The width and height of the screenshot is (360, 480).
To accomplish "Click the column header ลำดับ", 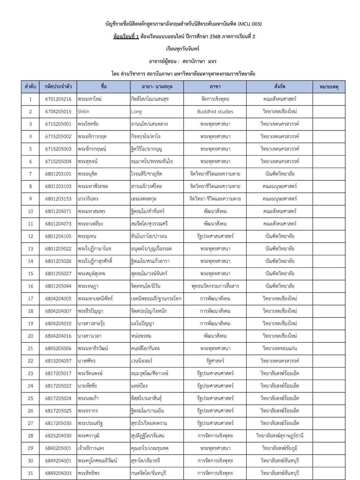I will [x=30, y=87].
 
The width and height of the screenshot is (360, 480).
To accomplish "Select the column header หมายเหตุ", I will [x=329, y=87].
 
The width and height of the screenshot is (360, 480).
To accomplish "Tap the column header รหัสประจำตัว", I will [x=58, y=87].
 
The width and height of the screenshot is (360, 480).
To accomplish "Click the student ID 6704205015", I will [x=58, y=111].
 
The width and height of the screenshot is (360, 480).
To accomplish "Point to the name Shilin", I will [x=83, y=111].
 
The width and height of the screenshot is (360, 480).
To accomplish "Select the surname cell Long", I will [x=136, y=111].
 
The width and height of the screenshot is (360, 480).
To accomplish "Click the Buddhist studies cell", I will [x=215, y=111].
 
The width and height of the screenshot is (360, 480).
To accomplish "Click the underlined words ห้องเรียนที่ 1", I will [x=126, y=37].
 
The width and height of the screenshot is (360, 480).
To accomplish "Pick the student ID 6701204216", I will [x=58, y=99].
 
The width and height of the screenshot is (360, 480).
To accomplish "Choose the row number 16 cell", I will [x=30, y=286].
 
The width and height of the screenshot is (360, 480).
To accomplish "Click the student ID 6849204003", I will [x=58, y=473].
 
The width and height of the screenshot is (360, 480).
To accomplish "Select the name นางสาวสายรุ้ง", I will [x=91, y=324].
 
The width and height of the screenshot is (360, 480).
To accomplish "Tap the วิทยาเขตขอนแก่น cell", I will [x=280, y=348].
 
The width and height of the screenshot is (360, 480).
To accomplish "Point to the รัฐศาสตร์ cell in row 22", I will [x=215, y=361].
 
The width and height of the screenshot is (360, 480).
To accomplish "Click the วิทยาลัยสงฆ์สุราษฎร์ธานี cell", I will [x=280, y=436].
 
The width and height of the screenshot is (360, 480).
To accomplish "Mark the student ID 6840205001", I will [x=58, y=448].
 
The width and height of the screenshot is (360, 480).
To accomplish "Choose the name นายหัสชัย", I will [x=87, y=386].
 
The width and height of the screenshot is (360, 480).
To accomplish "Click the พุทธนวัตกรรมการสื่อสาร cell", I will [x=215, y=286].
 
